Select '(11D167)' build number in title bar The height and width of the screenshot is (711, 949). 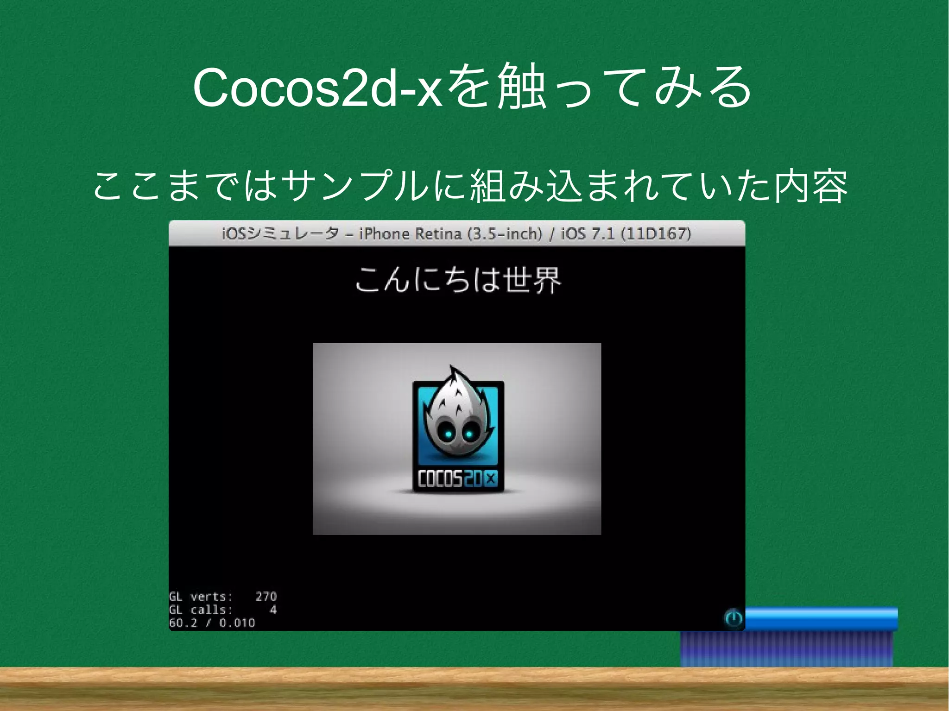[x=656, y=234]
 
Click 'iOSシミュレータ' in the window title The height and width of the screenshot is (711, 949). [x=280, y=234]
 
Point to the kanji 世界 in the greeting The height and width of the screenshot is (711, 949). [x=533, y=280]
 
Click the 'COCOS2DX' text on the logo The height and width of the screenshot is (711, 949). [x=457, y=478]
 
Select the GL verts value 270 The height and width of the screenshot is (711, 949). [x=266, y=597]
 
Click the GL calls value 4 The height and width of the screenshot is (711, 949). [x=273, y=610]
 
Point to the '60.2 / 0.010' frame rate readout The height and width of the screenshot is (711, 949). [x=212, y=623]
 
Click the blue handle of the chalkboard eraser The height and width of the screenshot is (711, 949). [x=820, y=619]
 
